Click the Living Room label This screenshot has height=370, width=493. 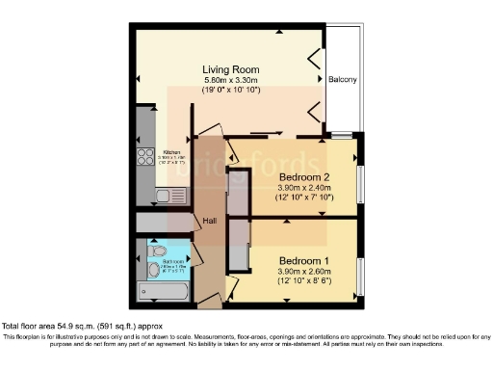[x=231, y=69]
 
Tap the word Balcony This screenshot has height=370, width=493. [x=344, y=79]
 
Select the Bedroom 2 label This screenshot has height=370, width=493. [x=305, y=177]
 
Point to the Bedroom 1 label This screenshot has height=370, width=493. [x=305, y=260]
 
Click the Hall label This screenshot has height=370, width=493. [x=208, y=222]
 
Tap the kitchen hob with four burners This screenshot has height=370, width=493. [x=146, y=157]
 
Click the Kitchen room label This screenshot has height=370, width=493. [x=172, y=152]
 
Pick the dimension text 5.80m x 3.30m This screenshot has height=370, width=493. [x=231, y=80]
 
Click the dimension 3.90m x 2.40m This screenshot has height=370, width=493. [x=305, y=188]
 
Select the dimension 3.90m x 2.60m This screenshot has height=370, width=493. [x=305, y=271]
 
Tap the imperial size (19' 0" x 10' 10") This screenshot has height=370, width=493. [x=231, y=91]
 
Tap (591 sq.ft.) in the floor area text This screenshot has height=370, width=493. [x=128, y=326]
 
